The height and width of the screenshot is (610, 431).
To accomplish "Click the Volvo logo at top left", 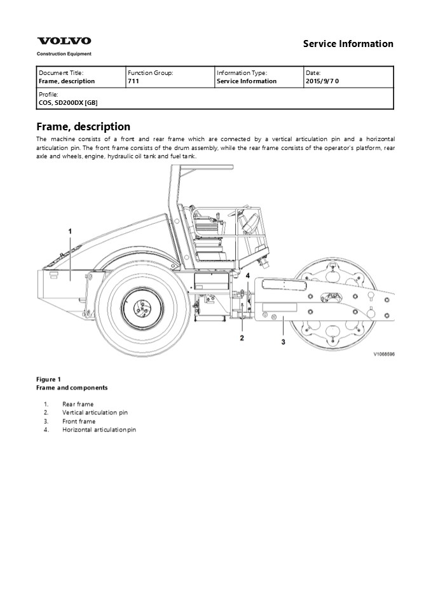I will [x=64, y=41].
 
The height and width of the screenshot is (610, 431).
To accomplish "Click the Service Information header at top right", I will [x=348, y=44].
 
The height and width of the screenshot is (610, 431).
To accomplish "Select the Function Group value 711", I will [x=133, y=81].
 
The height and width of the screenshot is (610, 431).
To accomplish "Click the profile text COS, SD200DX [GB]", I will [x=68, y=102].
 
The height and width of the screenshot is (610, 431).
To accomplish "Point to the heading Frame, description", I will [x=83, y=126].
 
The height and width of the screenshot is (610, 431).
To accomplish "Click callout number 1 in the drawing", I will [x=70, y=231].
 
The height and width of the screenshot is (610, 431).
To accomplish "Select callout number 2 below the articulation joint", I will [x=242, y=337].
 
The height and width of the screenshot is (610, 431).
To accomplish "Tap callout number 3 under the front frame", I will [x=283, y=342].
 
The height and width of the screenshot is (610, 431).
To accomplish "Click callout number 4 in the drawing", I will [x=247, y=275].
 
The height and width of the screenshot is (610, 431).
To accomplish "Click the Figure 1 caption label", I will [x=49, y=379].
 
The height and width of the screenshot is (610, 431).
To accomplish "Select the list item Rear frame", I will [x=78, y=404].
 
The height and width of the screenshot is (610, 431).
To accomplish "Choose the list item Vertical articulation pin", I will [x=95, y=412].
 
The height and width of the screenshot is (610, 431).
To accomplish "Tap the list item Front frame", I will [x=79, y=421].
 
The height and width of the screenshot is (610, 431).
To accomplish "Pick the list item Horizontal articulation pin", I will [x=99, y=430].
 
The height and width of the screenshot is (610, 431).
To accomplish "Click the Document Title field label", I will [x=61, y=73].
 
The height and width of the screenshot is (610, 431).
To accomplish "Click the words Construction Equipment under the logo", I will [x=64, y=54].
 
